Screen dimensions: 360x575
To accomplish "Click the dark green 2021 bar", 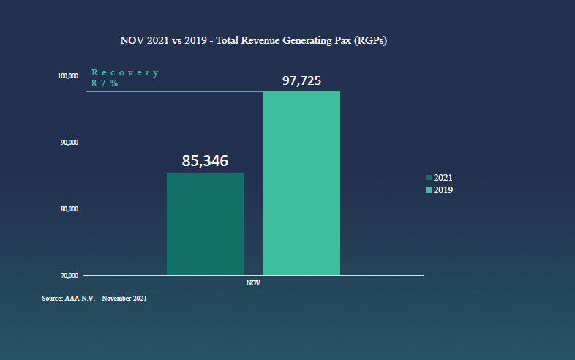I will coord(205,224).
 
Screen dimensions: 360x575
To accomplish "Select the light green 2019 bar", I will coord(301,183).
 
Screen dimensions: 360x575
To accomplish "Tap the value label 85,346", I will coord(206,160).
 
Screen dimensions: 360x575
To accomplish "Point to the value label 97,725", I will coord(301,80).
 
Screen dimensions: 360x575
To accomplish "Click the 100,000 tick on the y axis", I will coord(68,76).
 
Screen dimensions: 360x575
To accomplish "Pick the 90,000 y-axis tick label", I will coord(68,143).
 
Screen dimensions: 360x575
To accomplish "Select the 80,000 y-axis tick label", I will coord(68,209).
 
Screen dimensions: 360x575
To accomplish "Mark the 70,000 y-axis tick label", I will coord(68,276).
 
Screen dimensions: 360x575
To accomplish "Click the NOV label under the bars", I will coord(253,282).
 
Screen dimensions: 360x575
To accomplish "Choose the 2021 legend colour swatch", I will coord(429,178).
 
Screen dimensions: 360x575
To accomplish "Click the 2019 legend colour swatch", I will coord(429,190).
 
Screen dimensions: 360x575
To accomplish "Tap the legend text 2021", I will coord(443,178).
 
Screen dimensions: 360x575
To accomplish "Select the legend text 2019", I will coord(443,190).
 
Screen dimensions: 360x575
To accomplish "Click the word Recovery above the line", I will coord(125,72).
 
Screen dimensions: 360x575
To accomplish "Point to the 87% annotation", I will coord(105,83).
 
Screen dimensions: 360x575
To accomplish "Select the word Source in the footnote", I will coord(51,299).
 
